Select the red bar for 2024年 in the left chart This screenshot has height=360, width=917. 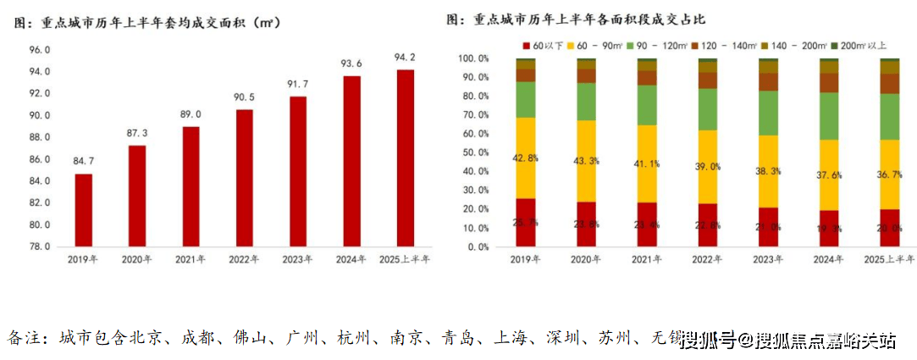[x=351, y=161]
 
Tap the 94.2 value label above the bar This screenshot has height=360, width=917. [x=405, y=58]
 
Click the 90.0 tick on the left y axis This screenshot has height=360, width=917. [x=40, y=115]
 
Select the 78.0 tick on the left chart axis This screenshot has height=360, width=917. [x=40, y=246]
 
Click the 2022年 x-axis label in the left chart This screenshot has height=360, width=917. [x=244, y=259]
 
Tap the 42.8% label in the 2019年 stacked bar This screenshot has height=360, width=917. [x=526, y=158]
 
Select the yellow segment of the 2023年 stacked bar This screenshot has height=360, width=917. [x=769, y=171]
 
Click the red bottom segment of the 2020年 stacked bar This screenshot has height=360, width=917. [x=587, y=224]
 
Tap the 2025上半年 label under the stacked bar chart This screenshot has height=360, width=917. [x=889, y=259]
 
